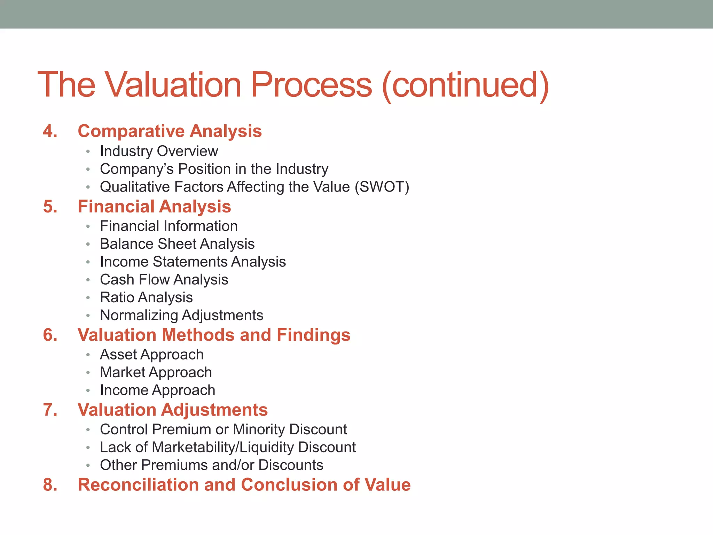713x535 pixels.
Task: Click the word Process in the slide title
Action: tap(311, 85)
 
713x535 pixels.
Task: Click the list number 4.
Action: tap(50, 131)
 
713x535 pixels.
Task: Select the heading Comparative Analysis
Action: tap(170, 131)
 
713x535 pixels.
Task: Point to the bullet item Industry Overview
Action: tap(159, 151)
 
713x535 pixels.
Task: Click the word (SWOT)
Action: tap(382, 187)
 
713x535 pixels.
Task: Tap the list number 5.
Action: tap(50, 207)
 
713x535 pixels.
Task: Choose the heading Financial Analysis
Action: tap(154, 207)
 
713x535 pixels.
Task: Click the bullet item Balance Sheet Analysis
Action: tap(177, 244)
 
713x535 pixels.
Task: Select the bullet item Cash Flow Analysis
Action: tap(164, 280)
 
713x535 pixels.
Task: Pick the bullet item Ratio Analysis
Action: tap(146, 297)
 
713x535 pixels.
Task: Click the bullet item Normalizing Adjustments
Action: tap(181, 315)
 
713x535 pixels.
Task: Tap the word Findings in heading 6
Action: tap(313, 335)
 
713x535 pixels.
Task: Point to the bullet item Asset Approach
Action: tap(151, 355)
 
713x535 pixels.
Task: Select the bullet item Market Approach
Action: tap(156, 372)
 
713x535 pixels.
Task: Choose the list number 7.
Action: tap(50, 410)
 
